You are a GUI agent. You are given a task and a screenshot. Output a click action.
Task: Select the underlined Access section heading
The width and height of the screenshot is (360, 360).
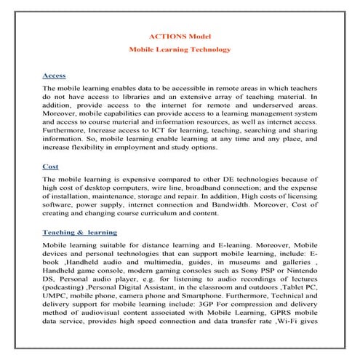coord(55,75)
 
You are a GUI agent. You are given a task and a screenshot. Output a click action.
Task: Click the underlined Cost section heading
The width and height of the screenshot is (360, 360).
coord(51,166)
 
